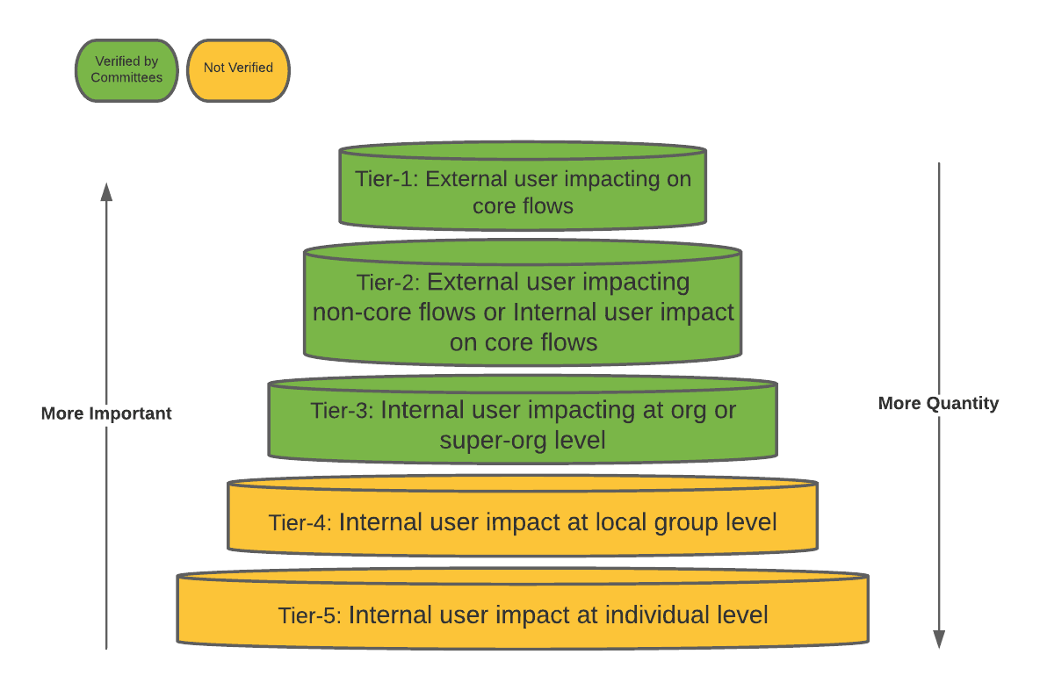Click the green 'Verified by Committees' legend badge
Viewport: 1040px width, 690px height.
pyautogui.click(x=126, y=70)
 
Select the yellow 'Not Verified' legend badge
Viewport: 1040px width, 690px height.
pyautogui.click(x=238, y=68)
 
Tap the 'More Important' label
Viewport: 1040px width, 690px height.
pyautogui.click(x=106, y=413)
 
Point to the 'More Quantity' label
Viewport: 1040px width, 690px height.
pyautogui.click(x=938, y=404)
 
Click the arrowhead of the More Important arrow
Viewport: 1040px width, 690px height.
pyautogui.click(x=106, y=191)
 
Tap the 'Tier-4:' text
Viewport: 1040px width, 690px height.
pyautogui.click(x=300, y=523)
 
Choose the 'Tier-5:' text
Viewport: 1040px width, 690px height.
pyautogui.click(x=310, y=615)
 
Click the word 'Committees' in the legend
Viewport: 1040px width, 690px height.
pyautogui.click(x=126, y=77)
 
